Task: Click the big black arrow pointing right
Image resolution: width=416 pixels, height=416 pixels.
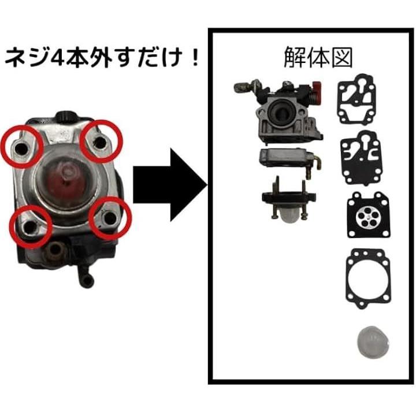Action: pos(170,185)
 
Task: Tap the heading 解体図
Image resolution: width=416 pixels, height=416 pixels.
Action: pos(318,57)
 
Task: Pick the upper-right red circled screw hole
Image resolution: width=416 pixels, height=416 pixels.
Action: pos(101,142)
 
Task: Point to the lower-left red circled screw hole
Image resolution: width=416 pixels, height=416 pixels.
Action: pos(31,226)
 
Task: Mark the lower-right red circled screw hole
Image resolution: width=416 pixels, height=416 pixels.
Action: pos(110,218)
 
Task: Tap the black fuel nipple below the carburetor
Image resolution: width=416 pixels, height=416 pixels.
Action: pos(85,276)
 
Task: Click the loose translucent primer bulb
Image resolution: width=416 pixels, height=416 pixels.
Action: pos(373,343)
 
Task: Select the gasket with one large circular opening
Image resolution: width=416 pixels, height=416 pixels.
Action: pos(368,278)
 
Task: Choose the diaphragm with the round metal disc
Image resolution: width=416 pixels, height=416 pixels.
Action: pos(368,214)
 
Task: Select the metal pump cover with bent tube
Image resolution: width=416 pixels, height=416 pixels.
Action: pos(290,161)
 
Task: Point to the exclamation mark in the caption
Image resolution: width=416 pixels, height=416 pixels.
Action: pos(195,57)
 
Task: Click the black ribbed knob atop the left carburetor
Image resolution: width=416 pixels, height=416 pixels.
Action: pos(64,116)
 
